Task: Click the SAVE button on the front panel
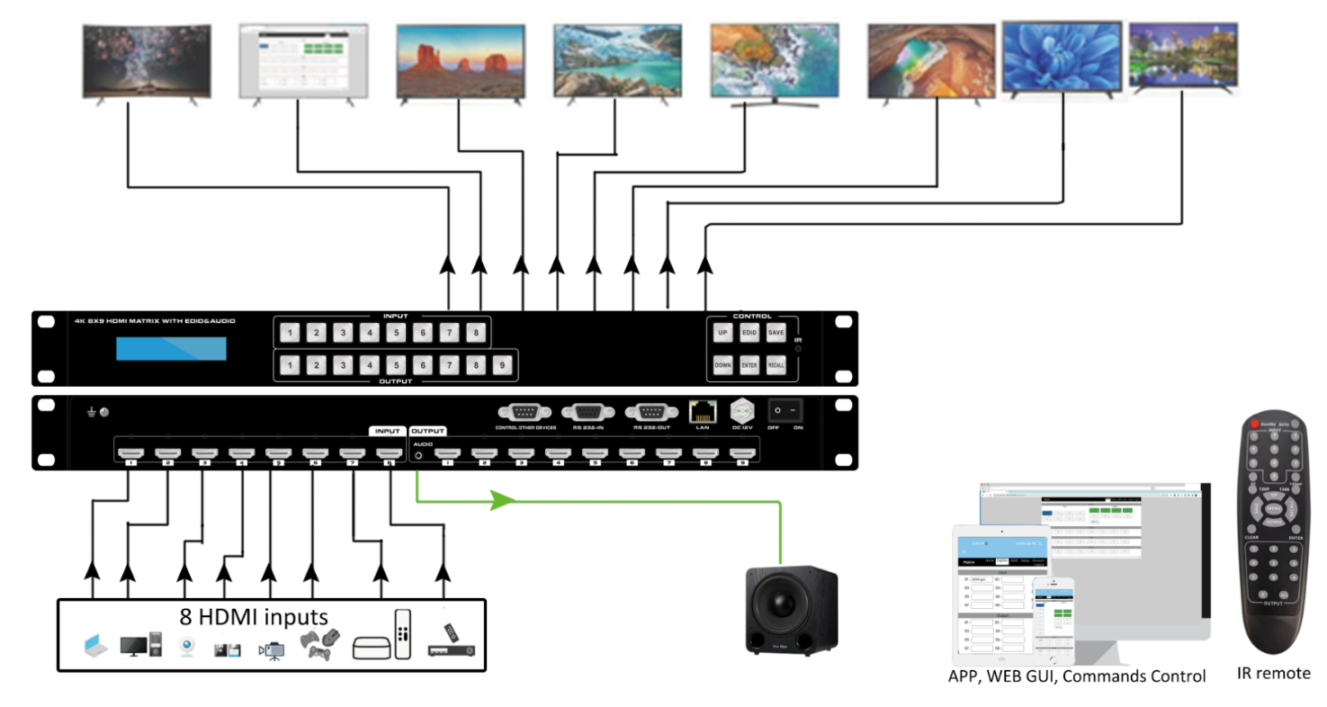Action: tap(776, 333)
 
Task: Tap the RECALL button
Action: tap(776, 365)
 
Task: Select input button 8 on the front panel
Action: tap(476, 334)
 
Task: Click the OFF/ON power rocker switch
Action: tap(785, 410)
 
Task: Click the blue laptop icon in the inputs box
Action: tap(94, 645)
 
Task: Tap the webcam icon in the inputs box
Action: tap(187, 648)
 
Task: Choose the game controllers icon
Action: tap(319, 644)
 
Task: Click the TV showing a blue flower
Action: tap(1062, 56)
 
